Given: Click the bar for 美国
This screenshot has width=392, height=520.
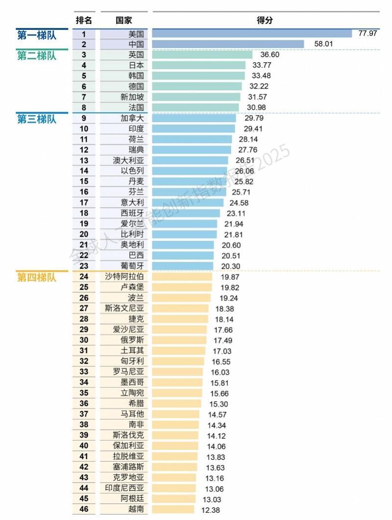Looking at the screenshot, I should pyautogui.click(x=252, y=33).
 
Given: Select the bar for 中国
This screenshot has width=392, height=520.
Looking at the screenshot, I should pyautogui.click(x=228, y=44).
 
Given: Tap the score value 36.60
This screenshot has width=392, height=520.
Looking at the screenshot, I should pyautogui.click(x=269, y=55).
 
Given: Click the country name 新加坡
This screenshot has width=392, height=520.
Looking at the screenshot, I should pyautogui.click(x=132, y=97).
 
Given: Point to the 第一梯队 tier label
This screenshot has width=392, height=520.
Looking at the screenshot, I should pyautogui.click(x=37, y=34).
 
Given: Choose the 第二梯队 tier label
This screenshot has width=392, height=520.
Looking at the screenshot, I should pyautogui.click(x=37, y=55).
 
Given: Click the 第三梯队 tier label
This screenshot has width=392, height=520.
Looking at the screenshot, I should pyautogui.click(x=37, y=119).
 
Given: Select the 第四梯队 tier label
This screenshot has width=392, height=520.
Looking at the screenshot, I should pyautogui.click(x=37, y=277).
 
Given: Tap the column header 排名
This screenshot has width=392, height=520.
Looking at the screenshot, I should pyautogui.click(x=84, y=20).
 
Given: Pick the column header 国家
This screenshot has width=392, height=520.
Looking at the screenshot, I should pyautogui.click(x=123, y=20).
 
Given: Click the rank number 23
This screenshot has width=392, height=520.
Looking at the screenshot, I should pyautogui.click(x=84, y=266).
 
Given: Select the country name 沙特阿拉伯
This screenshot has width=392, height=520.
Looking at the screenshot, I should pyautogui.click(x=124, y=276).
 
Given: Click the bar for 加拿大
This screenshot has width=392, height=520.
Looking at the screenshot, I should pyautogui.click(x=194, y=118).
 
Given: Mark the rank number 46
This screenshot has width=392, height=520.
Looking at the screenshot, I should pyautogui.click(x=84, y=509).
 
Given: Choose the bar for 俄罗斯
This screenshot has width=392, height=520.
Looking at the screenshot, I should pyautogui.click(x=179, y=340).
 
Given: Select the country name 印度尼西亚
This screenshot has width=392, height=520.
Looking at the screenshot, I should pyautogui.click(x=124, y=488).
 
